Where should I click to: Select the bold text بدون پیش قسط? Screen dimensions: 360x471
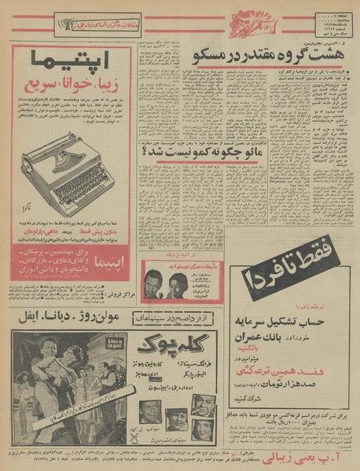tap(94, 232)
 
